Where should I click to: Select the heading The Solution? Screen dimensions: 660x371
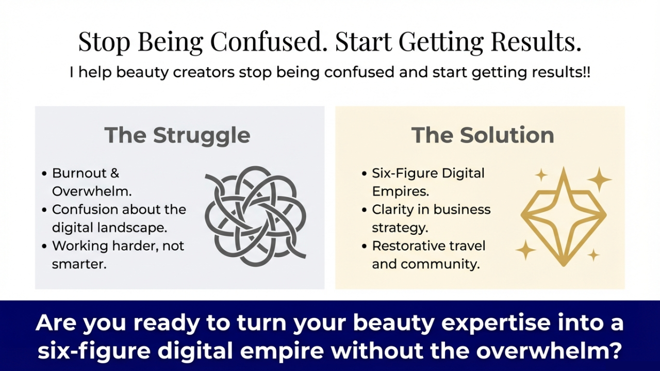click(483, 135)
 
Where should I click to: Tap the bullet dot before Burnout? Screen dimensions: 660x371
click(44, 173)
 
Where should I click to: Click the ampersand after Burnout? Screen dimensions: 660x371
click(114, 173)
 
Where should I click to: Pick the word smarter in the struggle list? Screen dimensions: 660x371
click(79, 265)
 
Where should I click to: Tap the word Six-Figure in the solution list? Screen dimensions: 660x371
click(402, 173)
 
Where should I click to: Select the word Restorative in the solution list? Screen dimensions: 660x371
click(407, 246)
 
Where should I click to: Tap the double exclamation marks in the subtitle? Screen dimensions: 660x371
click(587, 72)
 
